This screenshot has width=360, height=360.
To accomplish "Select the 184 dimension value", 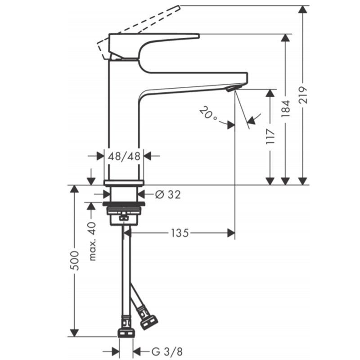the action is [286, 108].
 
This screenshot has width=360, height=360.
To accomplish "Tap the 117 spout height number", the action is [270, 137].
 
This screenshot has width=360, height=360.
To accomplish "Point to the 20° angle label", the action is [208, 113].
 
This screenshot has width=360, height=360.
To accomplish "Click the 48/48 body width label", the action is [124, 156].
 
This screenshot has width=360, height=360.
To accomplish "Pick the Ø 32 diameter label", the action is [168, 195].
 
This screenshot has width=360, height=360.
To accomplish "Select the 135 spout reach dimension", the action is [180, 233].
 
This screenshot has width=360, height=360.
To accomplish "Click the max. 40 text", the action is [92, 241].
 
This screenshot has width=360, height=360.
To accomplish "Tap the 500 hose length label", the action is [74, 261].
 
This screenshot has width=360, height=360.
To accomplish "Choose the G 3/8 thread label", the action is [167, 351].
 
